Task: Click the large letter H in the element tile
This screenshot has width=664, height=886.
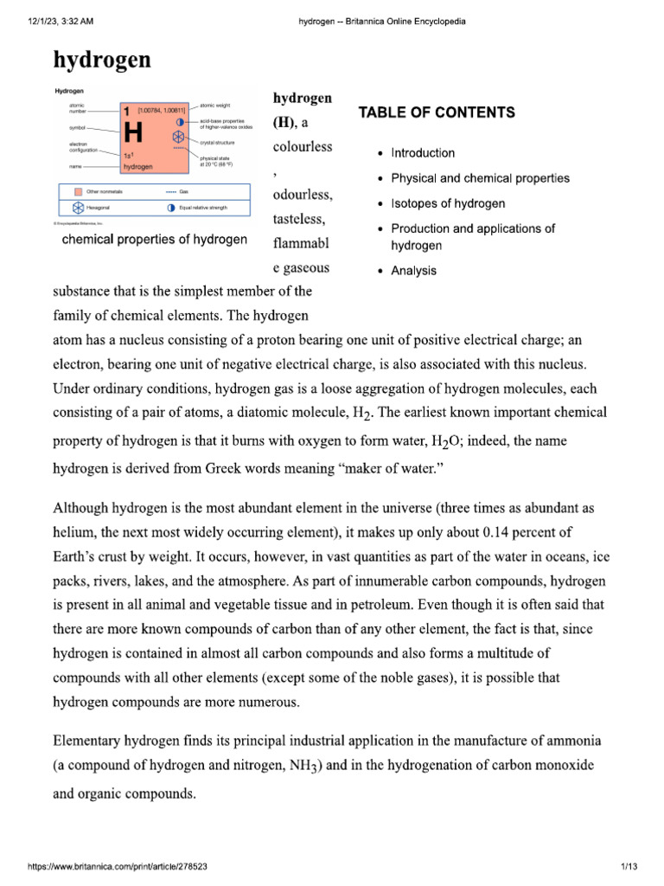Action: pyautogui.click(x=134, y=133)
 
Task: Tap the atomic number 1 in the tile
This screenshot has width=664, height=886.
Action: pyautogui.click(x=126, y=112)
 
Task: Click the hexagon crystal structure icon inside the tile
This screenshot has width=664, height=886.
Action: pyautogui.click(x=178, y=138)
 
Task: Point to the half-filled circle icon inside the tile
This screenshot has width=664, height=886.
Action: pyautogui.click(x=179, y=122)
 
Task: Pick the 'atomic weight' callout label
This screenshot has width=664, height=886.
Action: pyautogui.click(x=218, y=104)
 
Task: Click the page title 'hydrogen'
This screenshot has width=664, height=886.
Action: pyautogui.click(x=102, y=60)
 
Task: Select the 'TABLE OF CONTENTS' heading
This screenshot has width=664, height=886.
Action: pyautogui.click(x=437, y=112)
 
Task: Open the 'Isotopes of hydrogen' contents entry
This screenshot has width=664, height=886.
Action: pyautogui.click(x=448, y=204)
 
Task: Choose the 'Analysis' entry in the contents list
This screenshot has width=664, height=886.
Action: pyautogui.click(x=413, y=271)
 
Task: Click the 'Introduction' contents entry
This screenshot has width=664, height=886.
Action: pyautogui.click(x=423, y=153)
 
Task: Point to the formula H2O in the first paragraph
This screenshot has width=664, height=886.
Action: pyautogui.click(x=449, y=442)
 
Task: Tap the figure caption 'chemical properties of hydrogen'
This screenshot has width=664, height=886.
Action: pyautogui.click(x=155, y=239)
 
